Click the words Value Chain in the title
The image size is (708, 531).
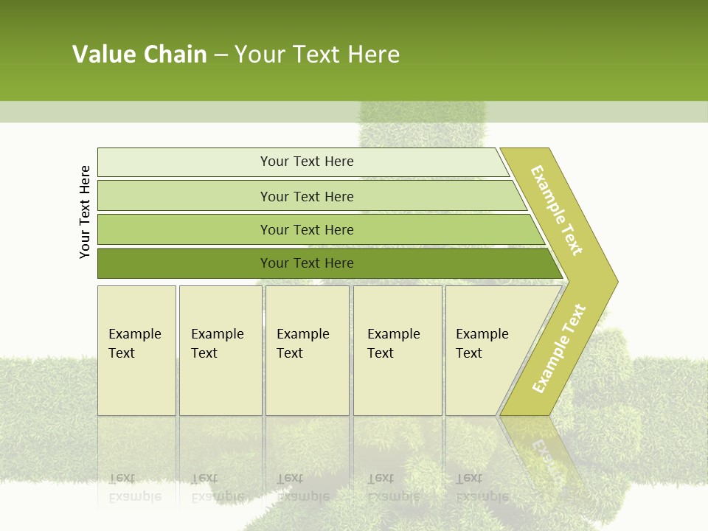(x=139, y=55)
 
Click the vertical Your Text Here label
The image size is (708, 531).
(x=85, y=212)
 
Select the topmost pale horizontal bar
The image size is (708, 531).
(x=184, y=162)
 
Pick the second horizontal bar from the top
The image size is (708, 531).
(x=184, y=196)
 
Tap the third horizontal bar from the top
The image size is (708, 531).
(x=184, y=229)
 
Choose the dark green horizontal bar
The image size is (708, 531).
(x=184, y=263)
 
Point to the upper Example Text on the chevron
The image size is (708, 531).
(x=557, y=210)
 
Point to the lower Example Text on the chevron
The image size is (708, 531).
(x=558, y=348)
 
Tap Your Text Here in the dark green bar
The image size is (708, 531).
(x=307, y=263)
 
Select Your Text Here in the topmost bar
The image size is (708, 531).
(x=307, y=162)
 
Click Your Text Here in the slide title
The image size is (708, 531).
(x=317, y=55)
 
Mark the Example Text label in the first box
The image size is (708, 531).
(x=134, y=344)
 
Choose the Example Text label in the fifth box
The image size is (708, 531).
(x=482, y=344)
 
